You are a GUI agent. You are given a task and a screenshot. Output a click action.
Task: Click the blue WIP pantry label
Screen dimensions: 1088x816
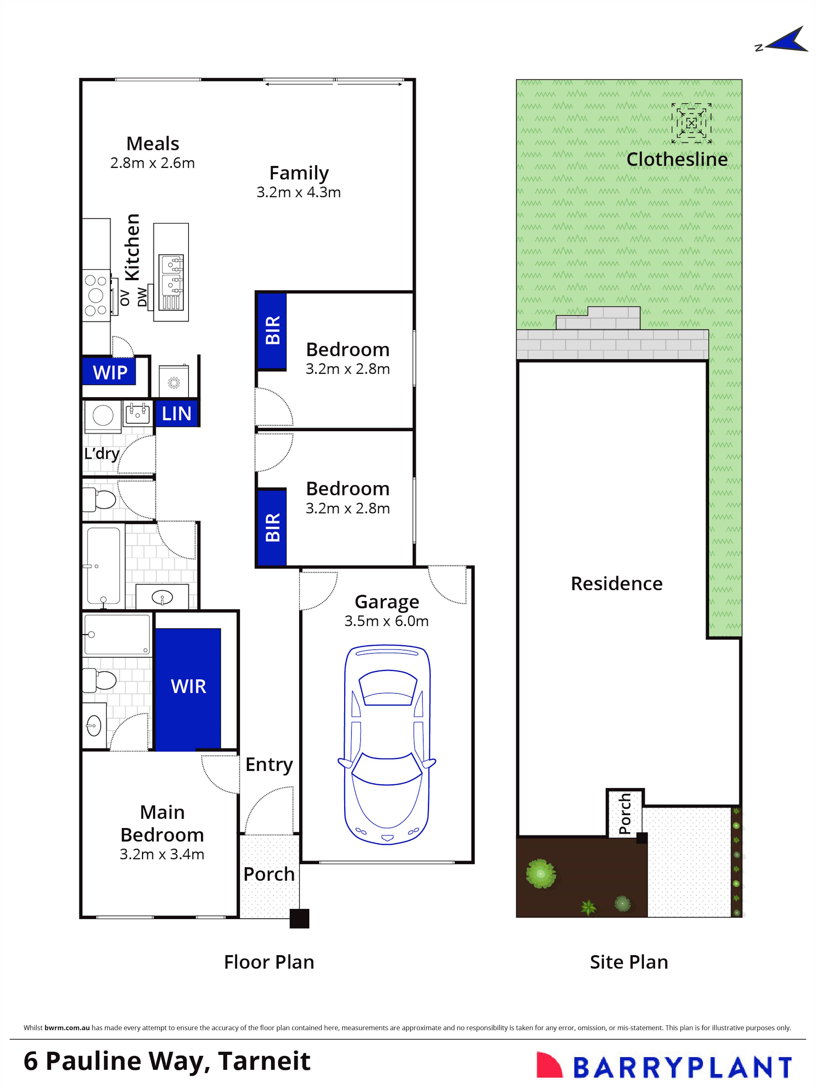[x=110, y=372]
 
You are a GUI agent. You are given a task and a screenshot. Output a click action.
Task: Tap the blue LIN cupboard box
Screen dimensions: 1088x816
[x=177, y=413]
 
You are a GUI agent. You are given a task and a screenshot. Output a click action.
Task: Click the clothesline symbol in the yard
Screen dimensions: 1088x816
[x=691, y=123]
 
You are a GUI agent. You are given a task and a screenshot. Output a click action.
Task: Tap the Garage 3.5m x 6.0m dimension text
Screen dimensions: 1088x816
[x=386, y=621]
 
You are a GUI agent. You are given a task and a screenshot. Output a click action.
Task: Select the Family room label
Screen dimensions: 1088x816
[x=299, y=173]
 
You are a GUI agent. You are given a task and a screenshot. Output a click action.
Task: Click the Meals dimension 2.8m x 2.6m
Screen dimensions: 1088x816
[x=152, y=163]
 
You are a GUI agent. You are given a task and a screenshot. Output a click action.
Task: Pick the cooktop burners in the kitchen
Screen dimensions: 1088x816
[x=96, y=295]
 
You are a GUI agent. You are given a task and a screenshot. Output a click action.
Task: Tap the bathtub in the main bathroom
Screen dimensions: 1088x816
[x=103, y=566]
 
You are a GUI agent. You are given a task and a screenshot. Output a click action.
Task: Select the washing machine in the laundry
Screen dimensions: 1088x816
[x=103, y=415]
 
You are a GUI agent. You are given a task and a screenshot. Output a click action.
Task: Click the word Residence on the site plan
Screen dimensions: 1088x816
[x=616, y=584]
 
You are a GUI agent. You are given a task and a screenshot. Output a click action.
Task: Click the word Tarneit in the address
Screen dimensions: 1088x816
[x=264, y=1061]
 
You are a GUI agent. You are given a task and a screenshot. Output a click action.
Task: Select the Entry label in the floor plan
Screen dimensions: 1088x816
[x=269, y=764]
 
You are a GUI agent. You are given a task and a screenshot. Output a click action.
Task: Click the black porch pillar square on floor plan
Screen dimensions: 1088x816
[x=299, y=918]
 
